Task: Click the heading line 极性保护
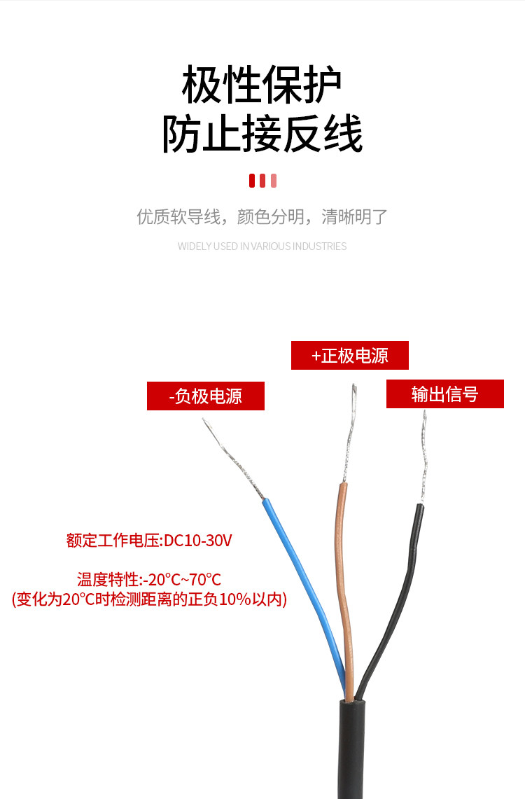(262, 86)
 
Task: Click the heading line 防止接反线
(262, 135)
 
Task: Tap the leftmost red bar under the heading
(252, 181)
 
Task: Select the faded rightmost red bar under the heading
(274, 181)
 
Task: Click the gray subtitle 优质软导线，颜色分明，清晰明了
(262, 216)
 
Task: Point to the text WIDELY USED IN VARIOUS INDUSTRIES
(262, 246)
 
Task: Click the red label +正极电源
(349, 356)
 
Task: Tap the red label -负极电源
(205, 396)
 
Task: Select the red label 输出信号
(444, 394)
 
